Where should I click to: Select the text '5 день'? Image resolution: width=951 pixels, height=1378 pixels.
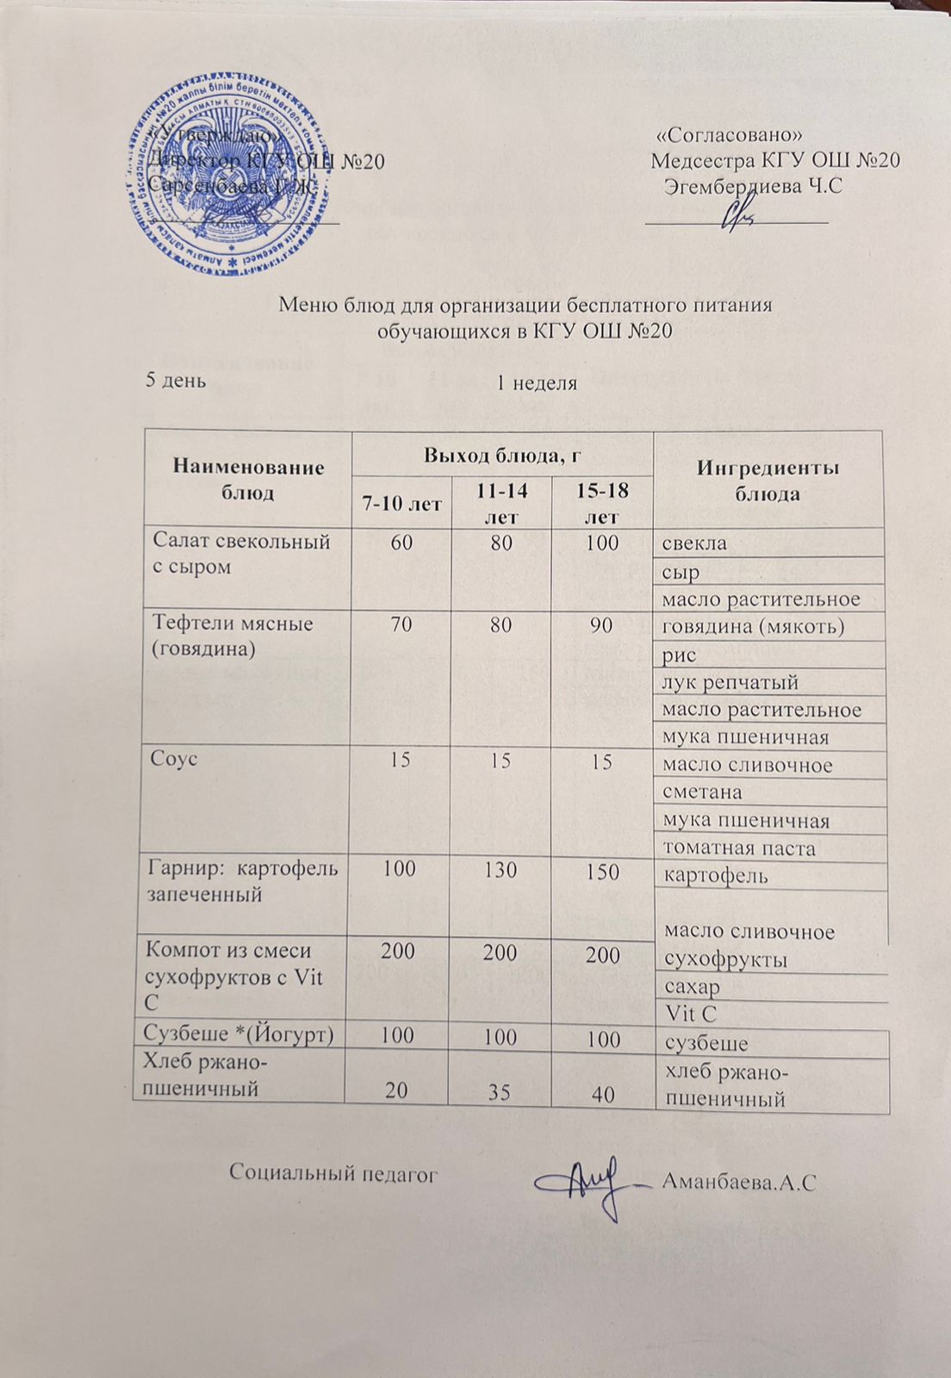pos(177,382)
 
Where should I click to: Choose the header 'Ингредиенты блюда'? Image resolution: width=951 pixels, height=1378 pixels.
pos(768,481)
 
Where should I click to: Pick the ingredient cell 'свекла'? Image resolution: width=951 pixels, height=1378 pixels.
pos(694,543)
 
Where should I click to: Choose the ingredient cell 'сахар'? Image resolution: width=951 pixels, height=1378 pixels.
pos(691,986)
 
